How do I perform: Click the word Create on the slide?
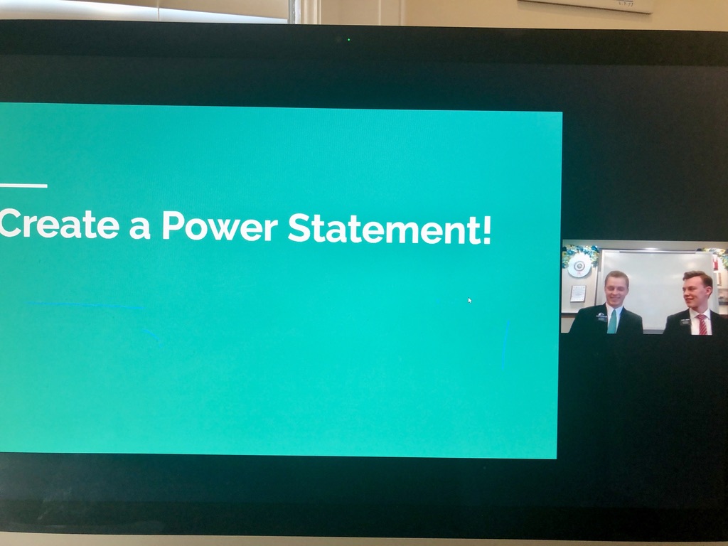60,224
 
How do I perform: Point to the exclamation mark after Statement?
486,230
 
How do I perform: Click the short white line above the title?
23,186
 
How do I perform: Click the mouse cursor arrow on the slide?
470,301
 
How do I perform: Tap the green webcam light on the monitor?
348,40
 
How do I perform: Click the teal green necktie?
613,321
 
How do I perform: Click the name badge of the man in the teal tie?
601,316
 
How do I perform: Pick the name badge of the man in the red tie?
685,322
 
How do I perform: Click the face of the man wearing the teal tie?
616,291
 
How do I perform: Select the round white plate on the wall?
579,266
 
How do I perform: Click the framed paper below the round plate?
578,294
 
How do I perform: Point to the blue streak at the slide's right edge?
505,345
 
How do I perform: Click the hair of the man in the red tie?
698,279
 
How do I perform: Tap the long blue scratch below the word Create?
86,305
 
